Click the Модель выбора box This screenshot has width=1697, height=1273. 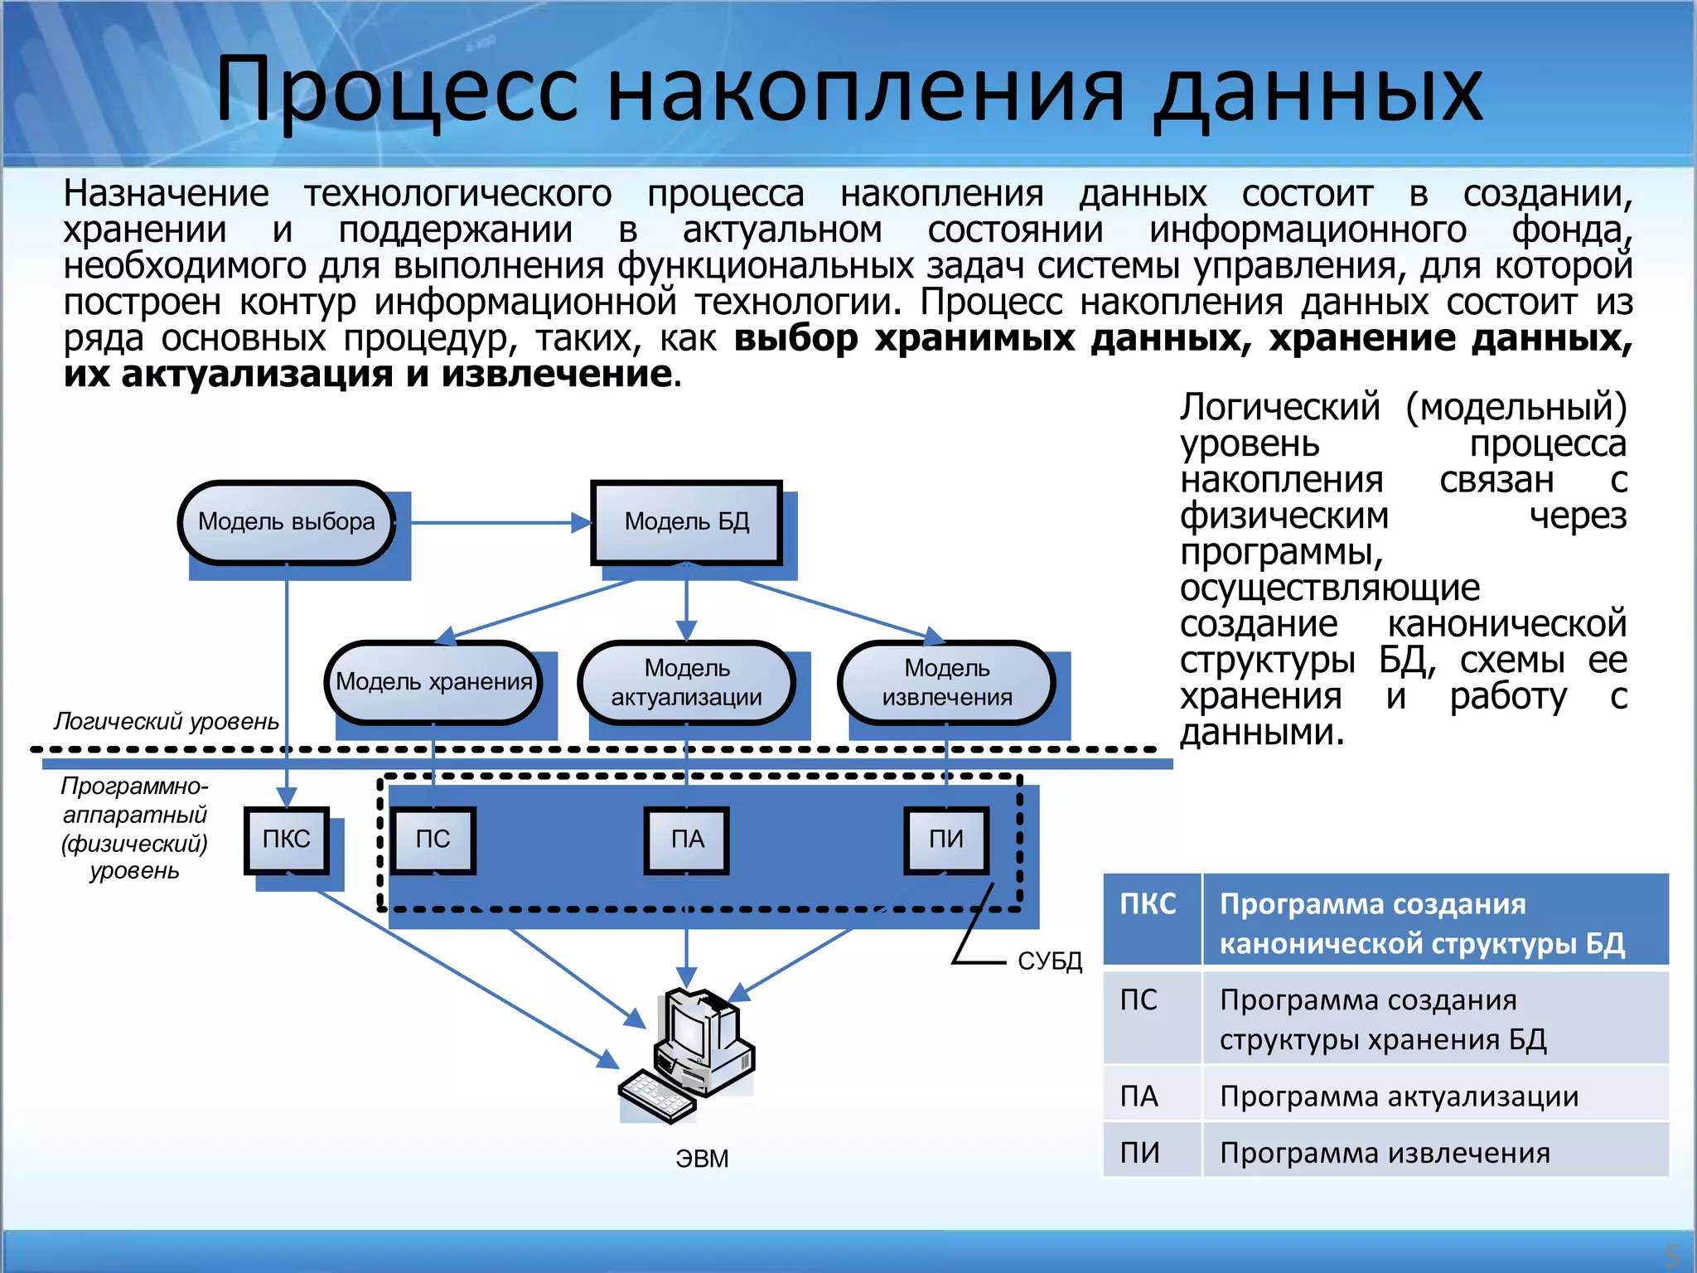[x=286, y=522]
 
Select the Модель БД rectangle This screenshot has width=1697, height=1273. [x=686, y=522]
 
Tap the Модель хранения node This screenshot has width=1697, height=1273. [x=433, y=682]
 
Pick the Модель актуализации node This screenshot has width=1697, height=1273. [x=686, y=682]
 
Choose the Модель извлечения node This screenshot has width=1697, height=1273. [x=946, y=682]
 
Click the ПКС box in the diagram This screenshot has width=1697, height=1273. [x=286, y=840]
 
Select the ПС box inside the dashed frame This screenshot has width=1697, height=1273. [x=433, y=840]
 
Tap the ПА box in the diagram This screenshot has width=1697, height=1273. [x=687, y=840]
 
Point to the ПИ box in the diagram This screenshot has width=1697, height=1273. [x=946, y=840]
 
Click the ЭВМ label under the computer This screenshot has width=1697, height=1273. [x=702, y=1159]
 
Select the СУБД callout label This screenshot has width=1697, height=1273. [x=1050, y=961]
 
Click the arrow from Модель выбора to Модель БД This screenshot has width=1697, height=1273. [x=497, y=523]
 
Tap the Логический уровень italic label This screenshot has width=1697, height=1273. [x=166, y=721]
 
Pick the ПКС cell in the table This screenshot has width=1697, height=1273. [x=1149, y=903]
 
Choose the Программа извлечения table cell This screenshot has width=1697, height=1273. [x=1384, y=1153]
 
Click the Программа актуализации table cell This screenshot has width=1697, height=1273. [x=1399, y=1096]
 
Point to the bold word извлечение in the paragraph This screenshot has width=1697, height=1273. [x=555, y=375]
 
